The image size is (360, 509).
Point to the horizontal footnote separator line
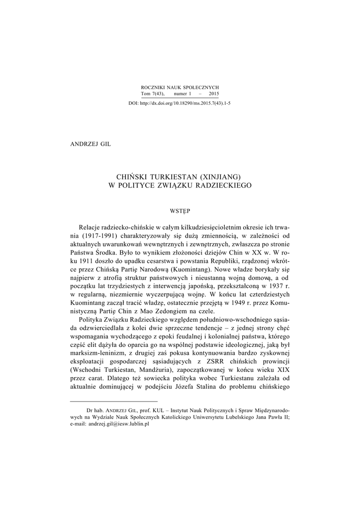click(114, 401)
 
